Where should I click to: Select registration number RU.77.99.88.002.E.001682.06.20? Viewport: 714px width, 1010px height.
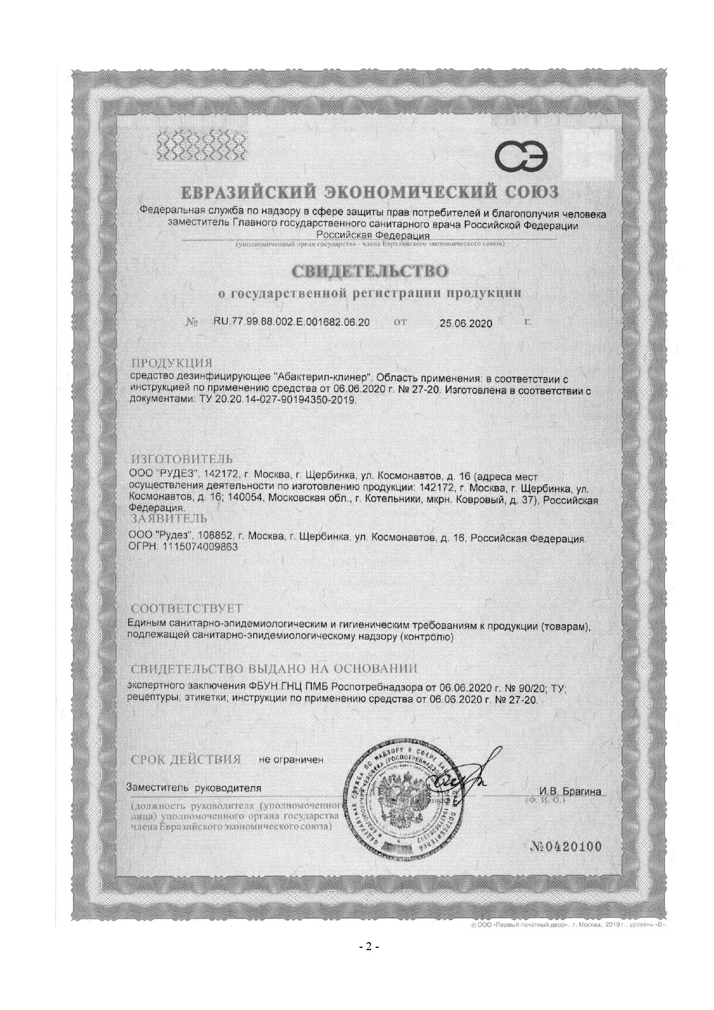click(x=292, y=322)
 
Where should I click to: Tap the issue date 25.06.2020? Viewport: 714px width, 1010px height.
click(x=465, y=323)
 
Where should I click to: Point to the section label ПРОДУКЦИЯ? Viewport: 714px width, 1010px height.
click(x=172, y=363)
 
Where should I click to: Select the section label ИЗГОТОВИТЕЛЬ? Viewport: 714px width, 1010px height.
click(x=182, y=459)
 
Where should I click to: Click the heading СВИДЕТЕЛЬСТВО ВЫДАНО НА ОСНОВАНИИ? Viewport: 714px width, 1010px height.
click(x=274, y=669)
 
